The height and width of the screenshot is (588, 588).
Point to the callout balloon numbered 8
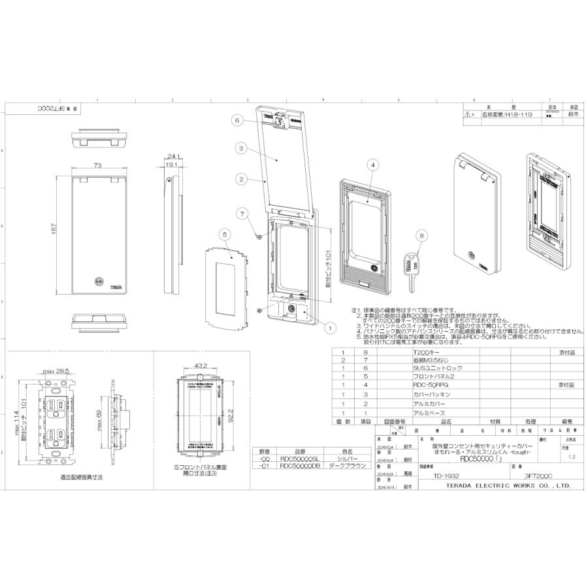421,236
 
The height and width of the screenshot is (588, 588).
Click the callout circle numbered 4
372,165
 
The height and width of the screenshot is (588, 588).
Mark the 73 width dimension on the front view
97,167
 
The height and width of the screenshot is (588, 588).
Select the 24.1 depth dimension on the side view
173,157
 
